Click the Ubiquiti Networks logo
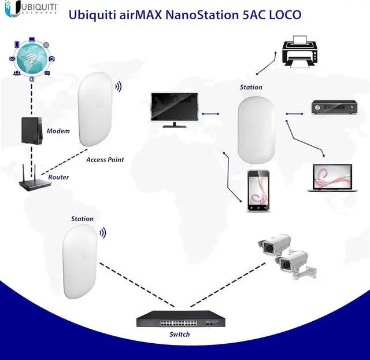point(31,9)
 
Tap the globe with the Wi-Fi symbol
point(32,58)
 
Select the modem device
point(32,131)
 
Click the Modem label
point(58,131)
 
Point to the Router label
point(58,177)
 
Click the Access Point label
point(105,160)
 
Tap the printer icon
point(299,52)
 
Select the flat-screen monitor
point(175,110)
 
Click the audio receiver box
point(334,108)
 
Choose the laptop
point(332,178)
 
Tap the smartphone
point(258,190)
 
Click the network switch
point(181,319)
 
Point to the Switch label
point(180,335)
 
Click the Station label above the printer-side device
point(251,87)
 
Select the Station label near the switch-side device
point(82,219)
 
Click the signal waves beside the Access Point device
point(119,87)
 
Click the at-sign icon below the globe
point(32,79)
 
